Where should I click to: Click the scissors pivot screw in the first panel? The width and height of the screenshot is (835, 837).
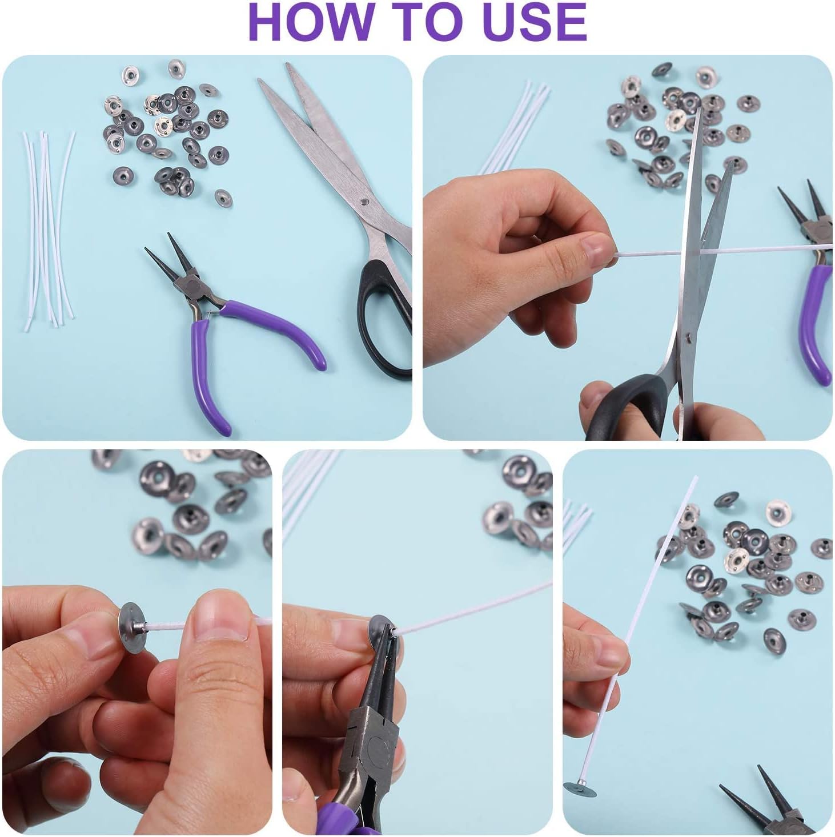coord(364,201)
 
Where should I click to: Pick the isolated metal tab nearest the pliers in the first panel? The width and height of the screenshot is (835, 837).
coord(223,198)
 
